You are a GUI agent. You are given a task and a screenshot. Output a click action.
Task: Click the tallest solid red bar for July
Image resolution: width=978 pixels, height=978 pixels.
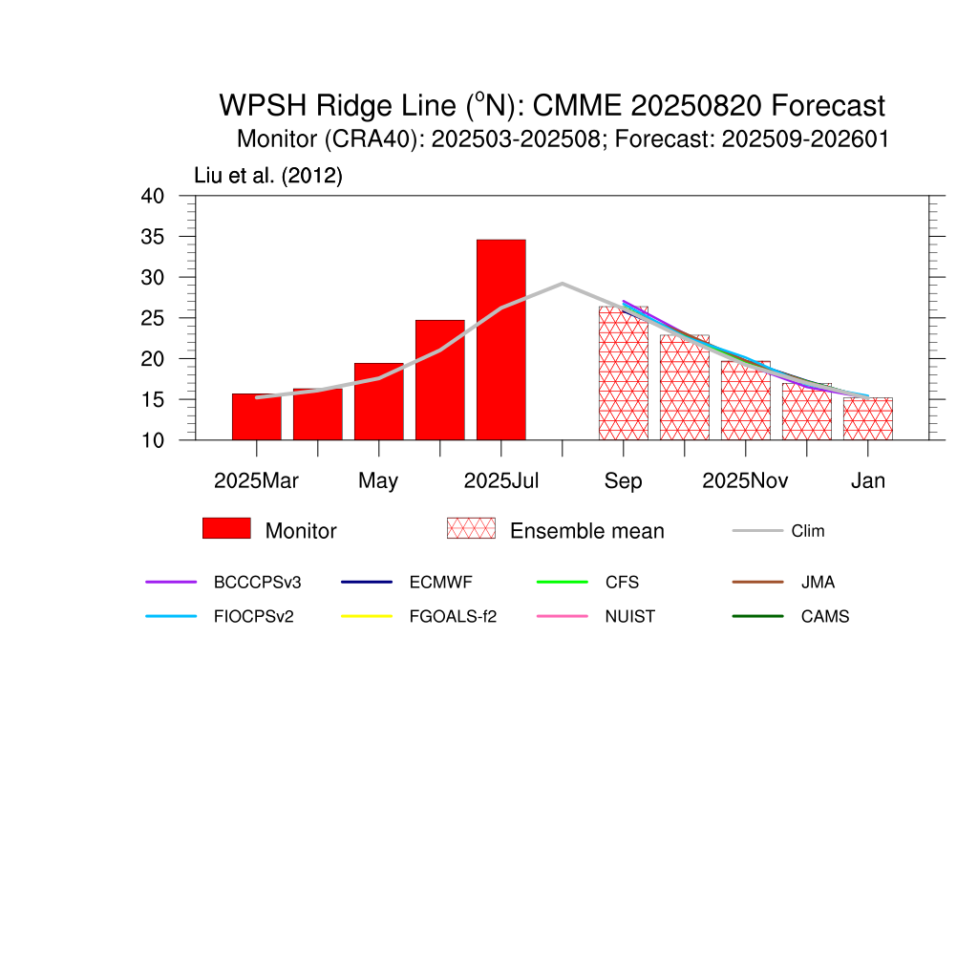coord(500,339)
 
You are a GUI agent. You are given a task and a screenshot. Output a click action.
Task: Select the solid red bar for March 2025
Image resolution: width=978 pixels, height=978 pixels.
coord(256,416)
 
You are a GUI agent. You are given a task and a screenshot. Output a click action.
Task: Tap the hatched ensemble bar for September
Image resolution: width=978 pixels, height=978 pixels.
coord(623,373)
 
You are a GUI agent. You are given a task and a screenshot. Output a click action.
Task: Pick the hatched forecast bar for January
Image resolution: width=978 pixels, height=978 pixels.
coord(867,418)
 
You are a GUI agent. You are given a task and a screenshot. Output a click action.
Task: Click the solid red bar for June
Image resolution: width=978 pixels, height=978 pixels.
coord(439,380)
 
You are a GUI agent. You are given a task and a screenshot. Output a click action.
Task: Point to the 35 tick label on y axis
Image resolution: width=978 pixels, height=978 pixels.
coord(152,237)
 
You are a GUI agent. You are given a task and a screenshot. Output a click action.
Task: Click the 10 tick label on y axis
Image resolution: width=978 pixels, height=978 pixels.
coord(152,440)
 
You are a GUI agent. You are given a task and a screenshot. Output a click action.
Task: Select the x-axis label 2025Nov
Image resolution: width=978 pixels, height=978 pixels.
coord(745,480)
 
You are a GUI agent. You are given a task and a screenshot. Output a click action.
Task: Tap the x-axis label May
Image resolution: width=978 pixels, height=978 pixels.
coord(378,481)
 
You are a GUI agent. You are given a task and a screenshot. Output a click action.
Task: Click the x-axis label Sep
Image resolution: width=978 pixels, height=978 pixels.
coord(623,481)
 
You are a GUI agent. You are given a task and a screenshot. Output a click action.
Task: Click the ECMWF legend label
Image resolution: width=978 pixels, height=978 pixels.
coord(440,582)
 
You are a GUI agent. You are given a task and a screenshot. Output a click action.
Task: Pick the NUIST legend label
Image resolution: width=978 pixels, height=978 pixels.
coord(630,616)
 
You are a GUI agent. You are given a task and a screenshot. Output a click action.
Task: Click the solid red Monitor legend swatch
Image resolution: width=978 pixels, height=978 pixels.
coord(226,528)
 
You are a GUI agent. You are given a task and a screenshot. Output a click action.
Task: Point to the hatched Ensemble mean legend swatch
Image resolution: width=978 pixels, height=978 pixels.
coord(471,528)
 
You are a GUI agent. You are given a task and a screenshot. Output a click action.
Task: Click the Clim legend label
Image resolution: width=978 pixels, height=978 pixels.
coord(808,531)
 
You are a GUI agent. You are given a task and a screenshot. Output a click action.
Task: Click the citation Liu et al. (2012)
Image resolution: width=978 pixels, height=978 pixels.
coord(268,176)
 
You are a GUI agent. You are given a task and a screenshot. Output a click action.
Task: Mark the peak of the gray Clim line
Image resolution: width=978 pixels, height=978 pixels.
coord(562,283)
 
